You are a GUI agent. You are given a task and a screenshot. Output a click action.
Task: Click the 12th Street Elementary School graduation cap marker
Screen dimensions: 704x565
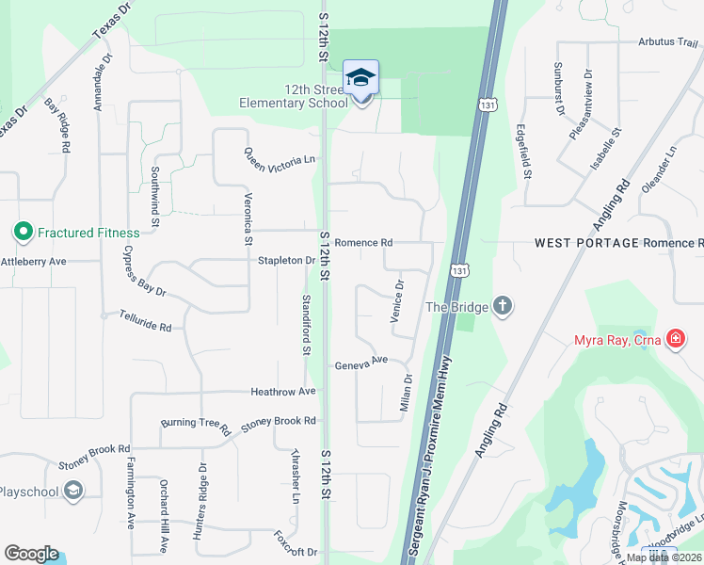click(360, 78)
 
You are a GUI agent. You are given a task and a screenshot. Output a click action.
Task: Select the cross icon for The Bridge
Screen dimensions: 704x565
click(504, 305)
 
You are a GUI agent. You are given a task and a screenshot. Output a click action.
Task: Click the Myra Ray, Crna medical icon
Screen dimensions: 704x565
click(675, 338)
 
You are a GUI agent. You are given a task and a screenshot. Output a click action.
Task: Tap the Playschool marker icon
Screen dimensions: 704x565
click(73, 491)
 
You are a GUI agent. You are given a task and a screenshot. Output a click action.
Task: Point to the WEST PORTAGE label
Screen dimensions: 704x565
click(586, 243)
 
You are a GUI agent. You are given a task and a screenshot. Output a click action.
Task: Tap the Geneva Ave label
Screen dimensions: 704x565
click(361, 362)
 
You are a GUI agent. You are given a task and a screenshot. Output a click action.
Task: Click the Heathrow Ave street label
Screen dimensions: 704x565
click(282, 391)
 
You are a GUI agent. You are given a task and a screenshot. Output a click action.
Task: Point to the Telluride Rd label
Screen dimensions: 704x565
click(145, 322)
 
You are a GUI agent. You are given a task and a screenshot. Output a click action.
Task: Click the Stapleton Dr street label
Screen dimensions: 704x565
click(285, 260)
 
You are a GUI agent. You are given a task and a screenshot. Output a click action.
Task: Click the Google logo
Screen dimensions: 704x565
click(31, 554)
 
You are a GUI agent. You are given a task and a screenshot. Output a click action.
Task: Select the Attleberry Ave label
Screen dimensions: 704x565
click(33, 261)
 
